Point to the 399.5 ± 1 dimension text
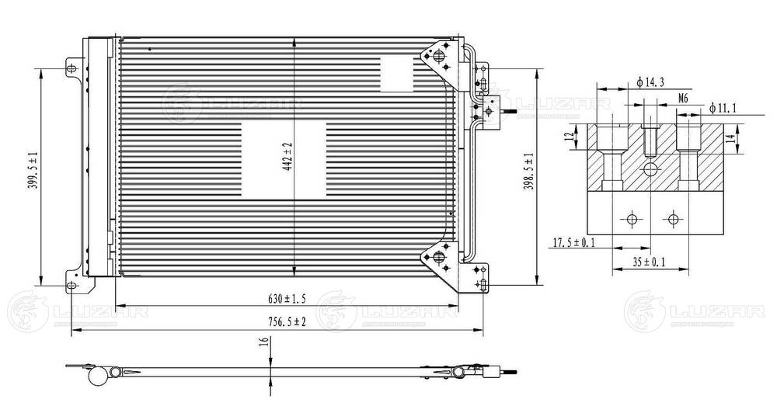pyautogui.click(x=30, y=171)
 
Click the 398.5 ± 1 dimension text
pyautogui.click(x=528, y=171)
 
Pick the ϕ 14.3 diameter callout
pyautogui.click(x=650, y=82)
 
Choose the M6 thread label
pyautogui.click(x=683, y=98)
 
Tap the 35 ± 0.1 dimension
pyautogui.click(x=649, y=262)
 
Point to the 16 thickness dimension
pyautogui.click(x=264, y=341)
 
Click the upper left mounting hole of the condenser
pyautogui.click(x=72, y=68)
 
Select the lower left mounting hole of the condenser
pyautogui.click(x=72, y=286)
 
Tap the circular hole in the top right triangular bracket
pyautogui.click(x=438, y=57)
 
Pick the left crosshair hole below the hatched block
pyautogui.click(x=632, y=219)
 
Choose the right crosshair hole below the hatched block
pyautogui.click(x=671, y=219)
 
